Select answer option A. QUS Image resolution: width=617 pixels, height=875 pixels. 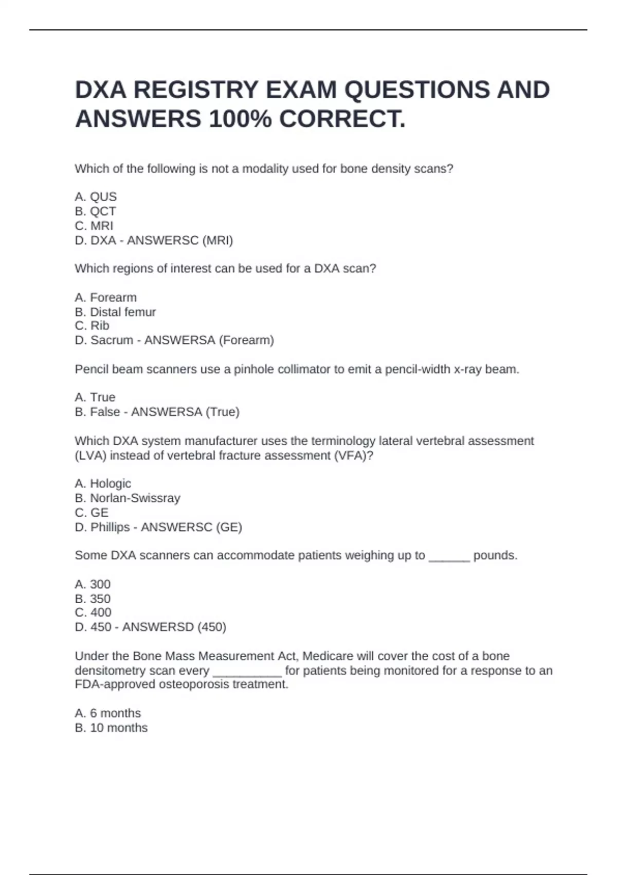pyautogui.click(x=96, y=197)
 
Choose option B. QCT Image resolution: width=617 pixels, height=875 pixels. pyautogui.click(x=95, y=211)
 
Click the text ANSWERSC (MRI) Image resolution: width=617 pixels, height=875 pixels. pyautogui.click(x=180, y=240)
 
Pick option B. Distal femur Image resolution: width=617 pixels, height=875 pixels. pyautogui.click(x=115, y=312)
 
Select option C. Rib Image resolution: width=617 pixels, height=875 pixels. pyautogui.click(x=92, y=326)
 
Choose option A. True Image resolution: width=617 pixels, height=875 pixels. pyautogui.click(x=95, y=397)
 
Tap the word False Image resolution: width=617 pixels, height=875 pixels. pyautogui.click(x=105, y=412)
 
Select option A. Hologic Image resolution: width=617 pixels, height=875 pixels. pyautogui.click(x=103, y=484)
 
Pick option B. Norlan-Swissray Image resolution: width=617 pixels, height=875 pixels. pyautogui.click(x=128, y=498)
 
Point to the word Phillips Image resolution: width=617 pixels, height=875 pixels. pyautogui.click(x=110, y=527)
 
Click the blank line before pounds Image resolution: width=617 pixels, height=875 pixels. pyautogui.click(x=449, y=557)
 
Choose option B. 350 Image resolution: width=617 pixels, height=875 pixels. pyautogui.click(x=93, y=599)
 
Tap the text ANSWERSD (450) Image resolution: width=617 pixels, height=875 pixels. pyautogui.click(x=174, y=627)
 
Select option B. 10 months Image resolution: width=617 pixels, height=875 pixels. pyautogui.click(x=111, y=728)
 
